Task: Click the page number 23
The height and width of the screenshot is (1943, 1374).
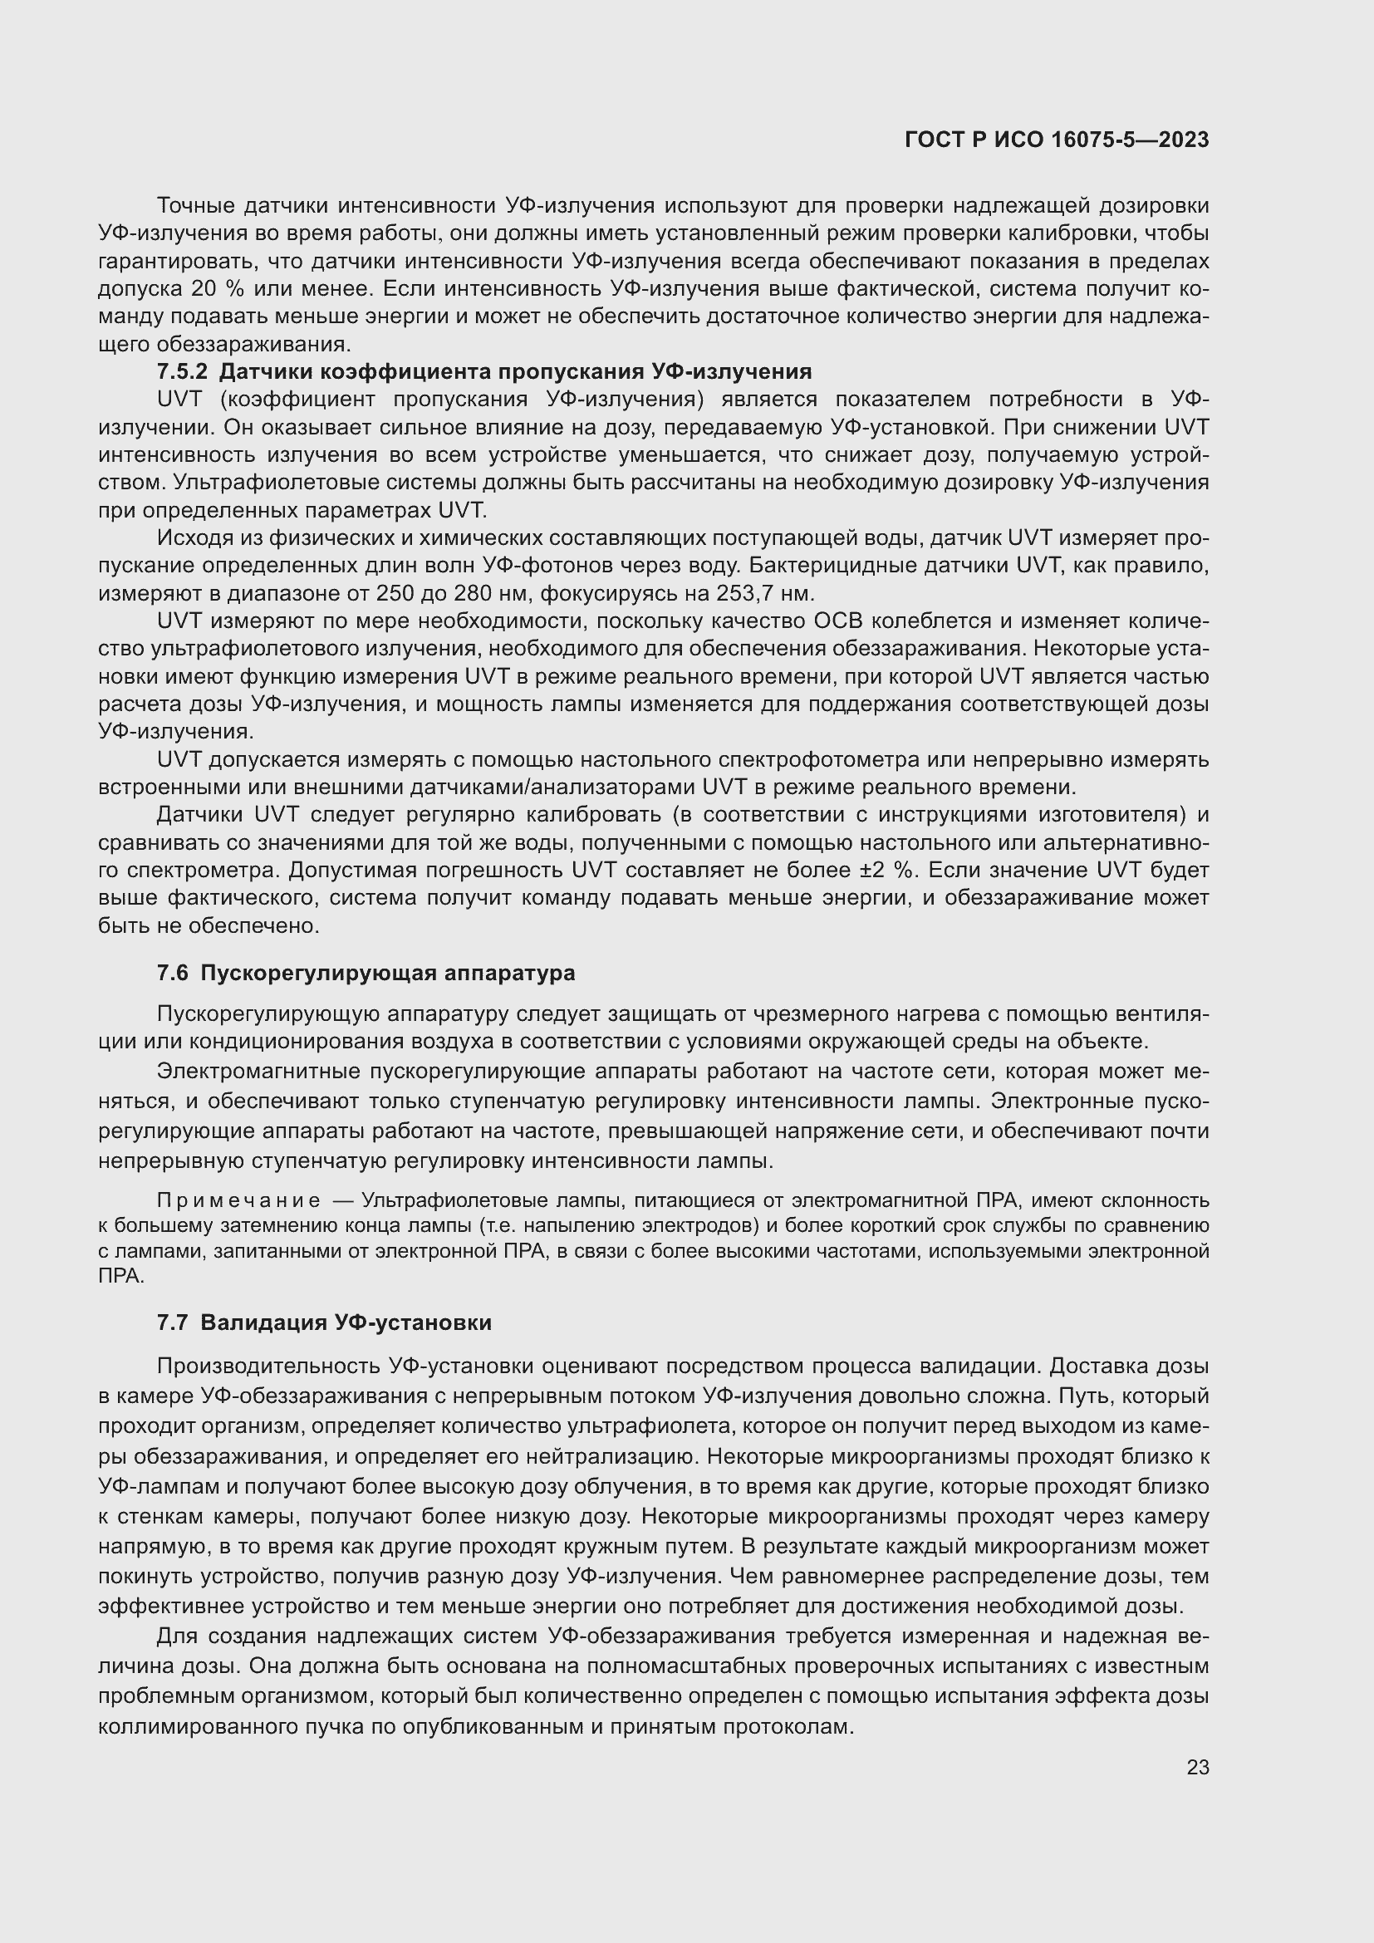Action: [1197, 1768]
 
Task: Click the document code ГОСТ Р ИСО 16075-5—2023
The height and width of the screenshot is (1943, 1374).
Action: [1056, 140]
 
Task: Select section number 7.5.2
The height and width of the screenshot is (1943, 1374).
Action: [182, 371]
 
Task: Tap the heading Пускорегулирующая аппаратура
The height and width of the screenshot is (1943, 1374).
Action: [387, 974]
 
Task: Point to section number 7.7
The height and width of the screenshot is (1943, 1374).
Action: [173, 1322]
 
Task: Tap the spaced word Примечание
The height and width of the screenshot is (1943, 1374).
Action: [238, 1201]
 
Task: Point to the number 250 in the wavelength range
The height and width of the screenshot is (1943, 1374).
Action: [393, 592]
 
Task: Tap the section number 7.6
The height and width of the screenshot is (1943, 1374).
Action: [173, 974]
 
